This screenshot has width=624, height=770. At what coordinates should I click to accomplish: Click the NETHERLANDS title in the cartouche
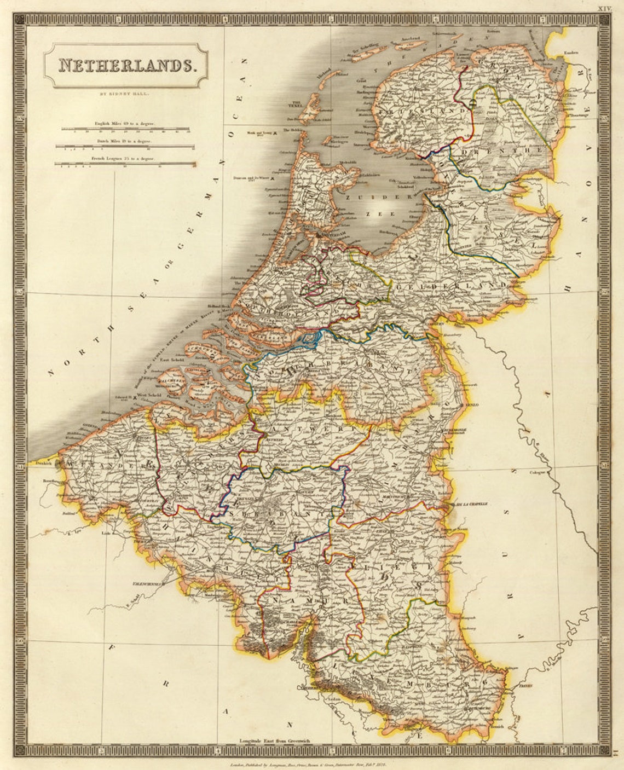click(x=126, y=66)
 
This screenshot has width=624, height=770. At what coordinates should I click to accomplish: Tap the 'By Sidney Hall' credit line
click(x=126, y=94)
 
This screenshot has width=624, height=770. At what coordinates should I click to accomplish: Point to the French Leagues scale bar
click(x=126, y=164)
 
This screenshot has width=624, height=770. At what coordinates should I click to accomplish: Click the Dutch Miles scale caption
click(x=125, y=141)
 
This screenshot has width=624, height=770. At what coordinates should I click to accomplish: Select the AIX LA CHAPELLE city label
click(x=469, y=504)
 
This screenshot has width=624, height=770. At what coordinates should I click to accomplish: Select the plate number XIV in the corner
click(x=604, y=8)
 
